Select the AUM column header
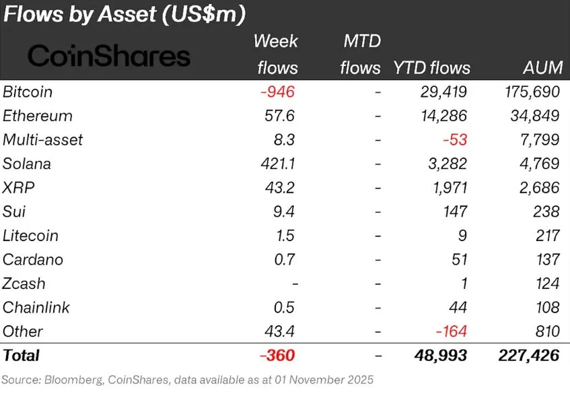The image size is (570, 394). click(540, 67)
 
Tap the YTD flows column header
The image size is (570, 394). click(431, 67)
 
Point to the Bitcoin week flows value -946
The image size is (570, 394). click(277, 92)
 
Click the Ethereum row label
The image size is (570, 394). click(38, 115)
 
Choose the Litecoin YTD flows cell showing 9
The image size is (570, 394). click(462, 236)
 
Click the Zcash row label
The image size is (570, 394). click(24, 284)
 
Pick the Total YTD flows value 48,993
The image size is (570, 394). click(440, 356)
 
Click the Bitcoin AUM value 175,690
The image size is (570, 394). click(529, 92)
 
